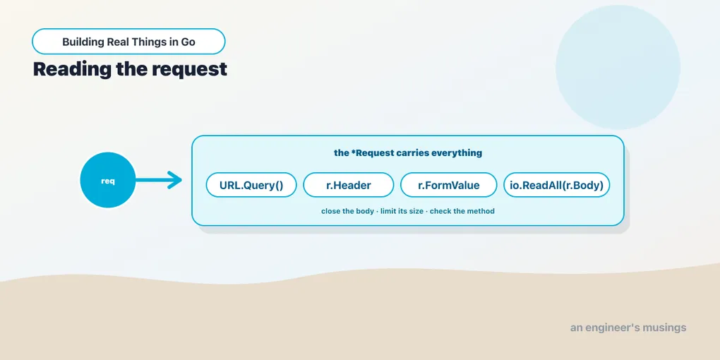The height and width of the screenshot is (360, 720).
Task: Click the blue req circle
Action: [x=108, y=180]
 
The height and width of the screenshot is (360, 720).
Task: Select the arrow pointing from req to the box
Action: [x=159, y=180]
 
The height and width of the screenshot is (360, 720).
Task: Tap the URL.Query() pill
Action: [x=251, y=185]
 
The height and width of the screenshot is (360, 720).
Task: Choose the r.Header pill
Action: [x=349, y=185]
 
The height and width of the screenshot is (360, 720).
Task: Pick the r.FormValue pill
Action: [x=449, y=185]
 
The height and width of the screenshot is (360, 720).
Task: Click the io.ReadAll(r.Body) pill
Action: [x=556, y=185]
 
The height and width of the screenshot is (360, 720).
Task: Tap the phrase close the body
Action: [x=347, y=211]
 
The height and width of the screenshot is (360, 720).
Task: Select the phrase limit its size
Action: [x=402, y=211]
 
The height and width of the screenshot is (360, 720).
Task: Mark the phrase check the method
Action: [x=462, y=211]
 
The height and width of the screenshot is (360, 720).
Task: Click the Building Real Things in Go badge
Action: [x=128, y=42]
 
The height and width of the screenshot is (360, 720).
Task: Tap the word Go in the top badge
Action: [x=188, y=42]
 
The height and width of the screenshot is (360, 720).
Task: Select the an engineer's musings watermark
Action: [x=628, y=328]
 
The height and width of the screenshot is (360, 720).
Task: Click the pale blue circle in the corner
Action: [x=618, y=67]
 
